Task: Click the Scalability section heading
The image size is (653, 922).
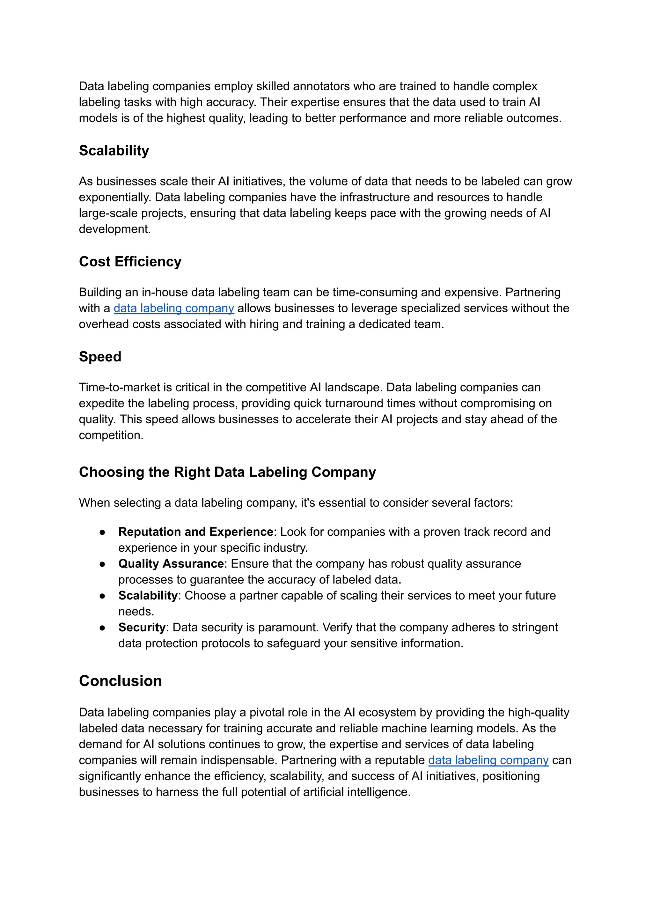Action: click(114, 151)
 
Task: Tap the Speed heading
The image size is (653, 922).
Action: click(100, 357)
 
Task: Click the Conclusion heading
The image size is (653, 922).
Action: click(120, 681)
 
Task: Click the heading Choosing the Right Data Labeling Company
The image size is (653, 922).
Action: click(227, 472)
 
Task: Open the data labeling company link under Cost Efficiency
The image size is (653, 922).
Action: click(174, 308)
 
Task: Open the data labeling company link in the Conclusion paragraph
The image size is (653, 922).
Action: click(488, 760)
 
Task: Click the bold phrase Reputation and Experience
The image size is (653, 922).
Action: click(196, 532)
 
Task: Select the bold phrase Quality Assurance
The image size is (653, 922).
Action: click(171, 563)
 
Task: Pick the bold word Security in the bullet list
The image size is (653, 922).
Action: click(142, 628)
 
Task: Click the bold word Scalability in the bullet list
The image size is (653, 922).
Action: click(148, 596)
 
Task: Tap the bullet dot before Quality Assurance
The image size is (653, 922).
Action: click(103, 564)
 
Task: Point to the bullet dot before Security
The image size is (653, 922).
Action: click(103, 628)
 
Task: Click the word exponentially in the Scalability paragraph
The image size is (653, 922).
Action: click(115, 197)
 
